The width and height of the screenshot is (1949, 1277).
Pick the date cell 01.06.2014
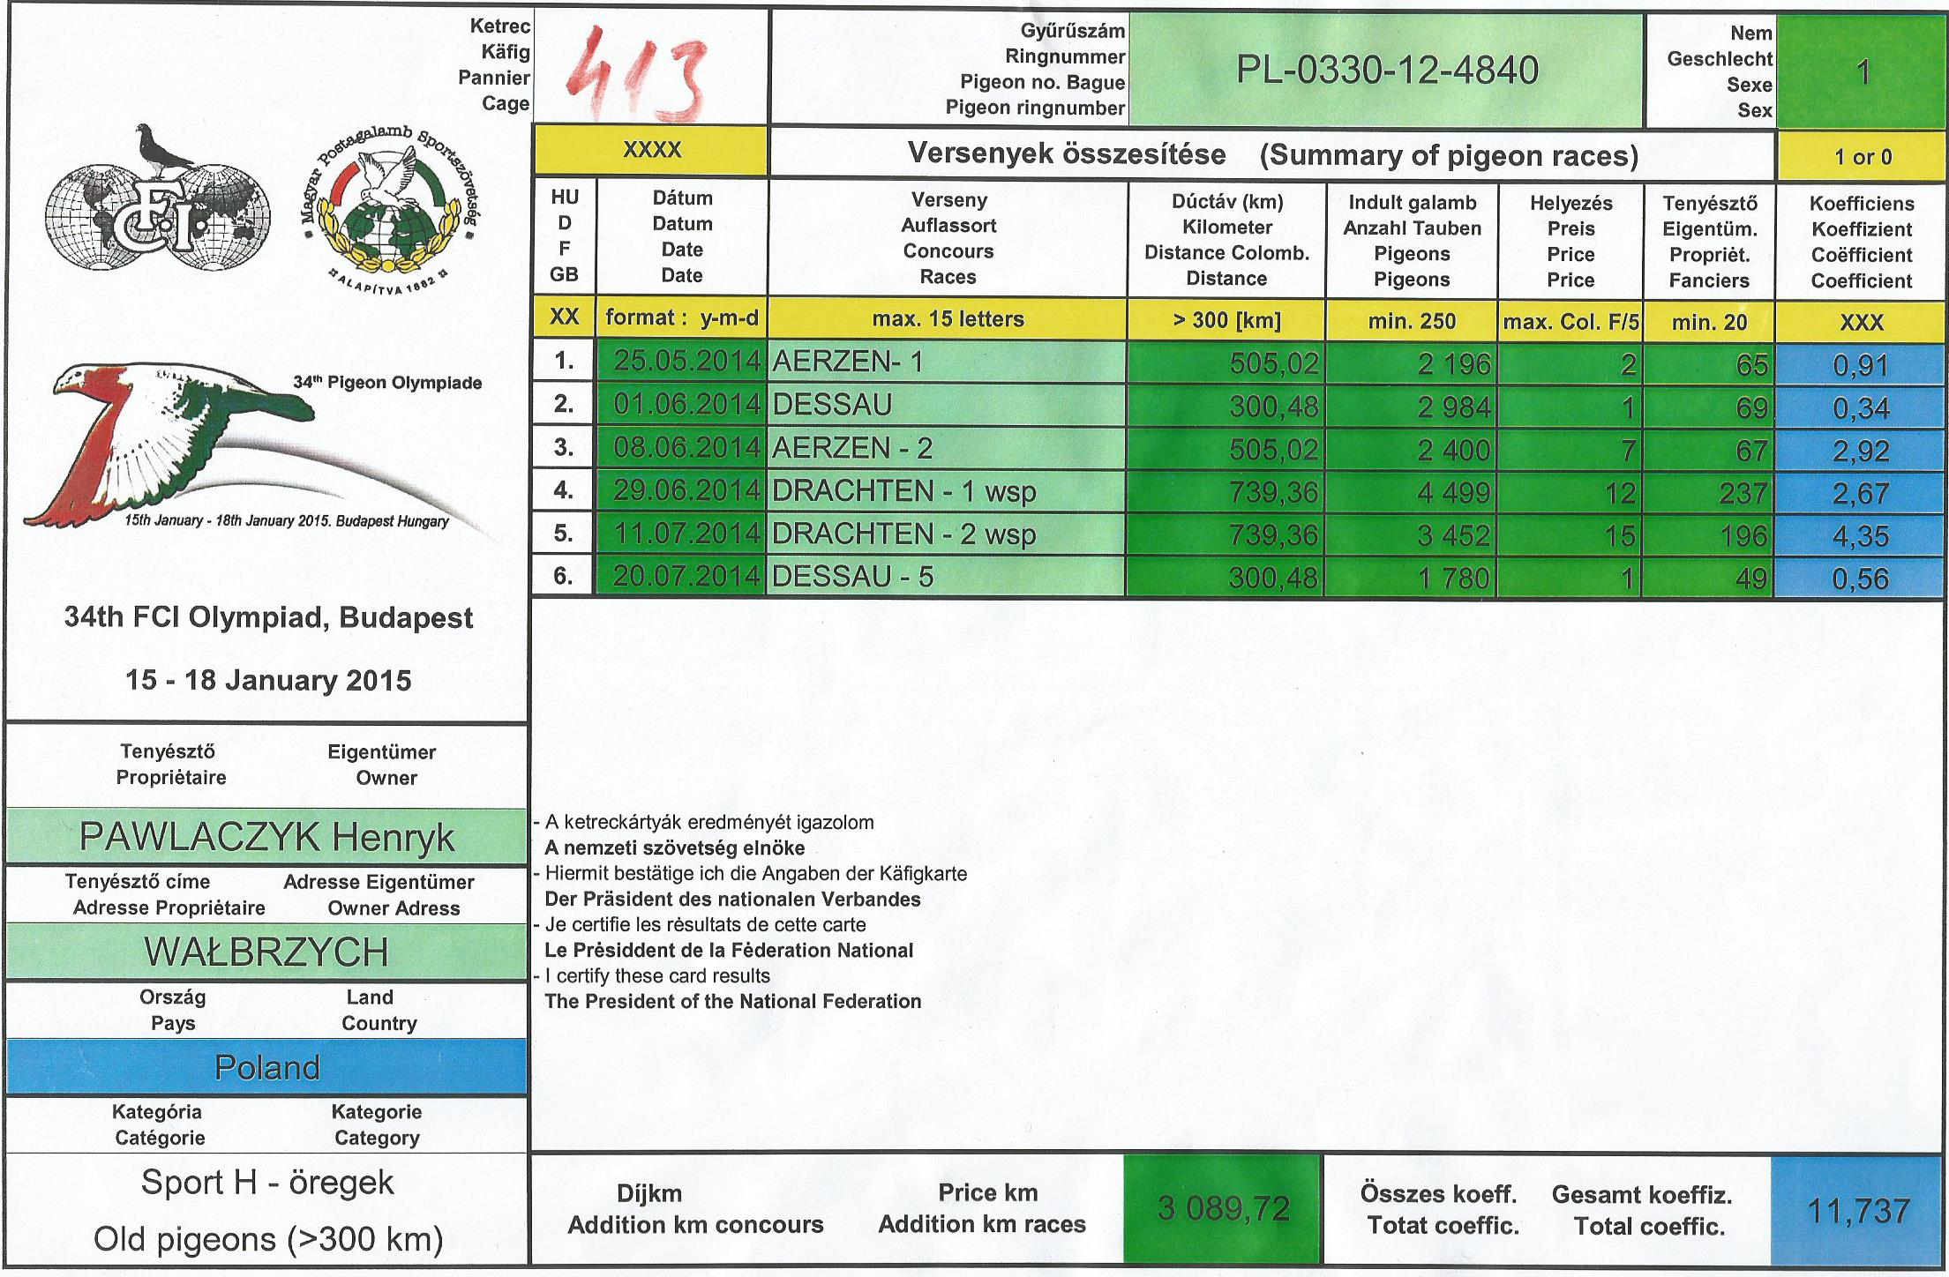pyautogui.click(x=686, y=406)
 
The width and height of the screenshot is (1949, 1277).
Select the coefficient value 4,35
pyautogui.click(x=1860, y=536)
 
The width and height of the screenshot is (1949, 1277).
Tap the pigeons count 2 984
pyautogui.click(x=1453, y=407)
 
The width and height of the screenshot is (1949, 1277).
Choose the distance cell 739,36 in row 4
pyautogui.click(x=1273, y=492)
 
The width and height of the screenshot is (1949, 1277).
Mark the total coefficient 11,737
pyautogui.click(x=1858, y=1211)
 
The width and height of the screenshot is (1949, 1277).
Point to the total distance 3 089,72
pyautogui.click(x=1224, y=1208)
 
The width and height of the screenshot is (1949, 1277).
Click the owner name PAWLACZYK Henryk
pyautogui.click(x=266, y=836)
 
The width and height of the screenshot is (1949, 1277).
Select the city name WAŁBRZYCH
pyautogui.click(x=266, y=952)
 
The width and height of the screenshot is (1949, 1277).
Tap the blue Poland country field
pyautogui.click(x=266, y=1068)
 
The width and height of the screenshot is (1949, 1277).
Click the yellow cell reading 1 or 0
pyautogui.click(x=1863, y=157)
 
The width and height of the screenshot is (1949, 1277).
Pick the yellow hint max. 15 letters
pyautogui.click(x=948, y=319)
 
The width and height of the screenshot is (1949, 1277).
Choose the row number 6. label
pyautogui.click(x=563, y=577)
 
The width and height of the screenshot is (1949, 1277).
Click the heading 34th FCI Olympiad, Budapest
pyautogui.click(x=268, y=618)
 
